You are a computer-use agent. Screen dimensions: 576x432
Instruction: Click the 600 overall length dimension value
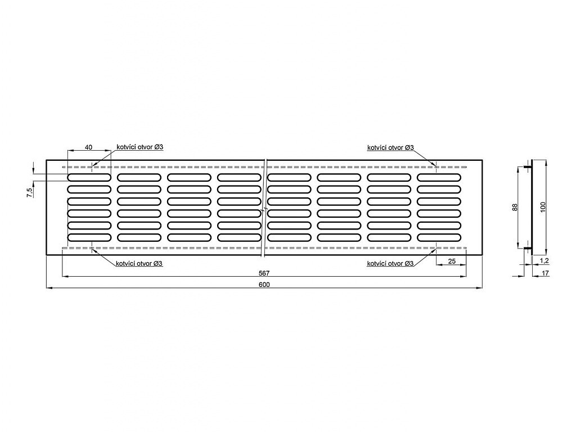coord(264,284)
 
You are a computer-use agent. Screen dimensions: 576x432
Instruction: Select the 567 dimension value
coord(264,273)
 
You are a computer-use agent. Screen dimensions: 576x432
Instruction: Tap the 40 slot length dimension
coord(88,147)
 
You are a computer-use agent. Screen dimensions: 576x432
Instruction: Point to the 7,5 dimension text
coord(29,192)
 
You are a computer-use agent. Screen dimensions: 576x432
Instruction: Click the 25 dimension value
coord(452,261)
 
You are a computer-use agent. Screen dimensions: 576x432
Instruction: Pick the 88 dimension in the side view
coord(515,208)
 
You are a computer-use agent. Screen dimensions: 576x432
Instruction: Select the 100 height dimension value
coord(544,207)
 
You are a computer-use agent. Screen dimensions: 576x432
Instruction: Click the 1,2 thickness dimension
coord(544,261)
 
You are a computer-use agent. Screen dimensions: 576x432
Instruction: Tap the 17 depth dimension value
coord(544,273)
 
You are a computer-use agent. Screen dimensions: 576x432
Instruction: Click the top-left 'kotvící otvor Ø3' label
coord(140,147)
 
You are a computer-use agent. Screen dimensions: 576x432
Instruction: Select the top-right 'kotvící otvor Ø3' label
coord(390,147)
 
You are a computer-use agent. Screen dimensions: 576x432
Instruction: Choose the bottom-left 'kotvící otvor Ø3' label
coord(139,263)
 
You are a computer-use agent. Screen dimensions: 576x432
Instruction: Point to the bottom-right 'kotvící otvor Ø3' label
coord(390,263)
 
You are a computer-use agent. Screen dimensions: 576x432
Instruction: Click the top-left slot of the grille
coord(89,177)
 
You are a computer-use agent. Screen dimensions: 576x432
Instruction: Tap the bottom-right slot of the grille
coord(439,238)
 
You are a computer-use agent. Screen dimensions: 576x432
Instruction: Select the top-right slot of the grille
coord(439,177)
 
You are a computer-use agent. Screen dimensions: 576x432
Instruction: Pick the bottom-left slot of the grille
coord(89,238)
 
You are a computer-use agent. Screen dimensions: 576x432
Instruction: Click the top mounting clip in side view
coord(528,168)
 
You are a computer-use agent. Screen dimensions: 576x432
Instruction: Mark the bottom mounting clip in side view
coord(528,249)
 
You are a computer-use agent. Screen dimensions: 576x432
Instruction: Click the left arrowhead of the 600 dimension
coord(49,288)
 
